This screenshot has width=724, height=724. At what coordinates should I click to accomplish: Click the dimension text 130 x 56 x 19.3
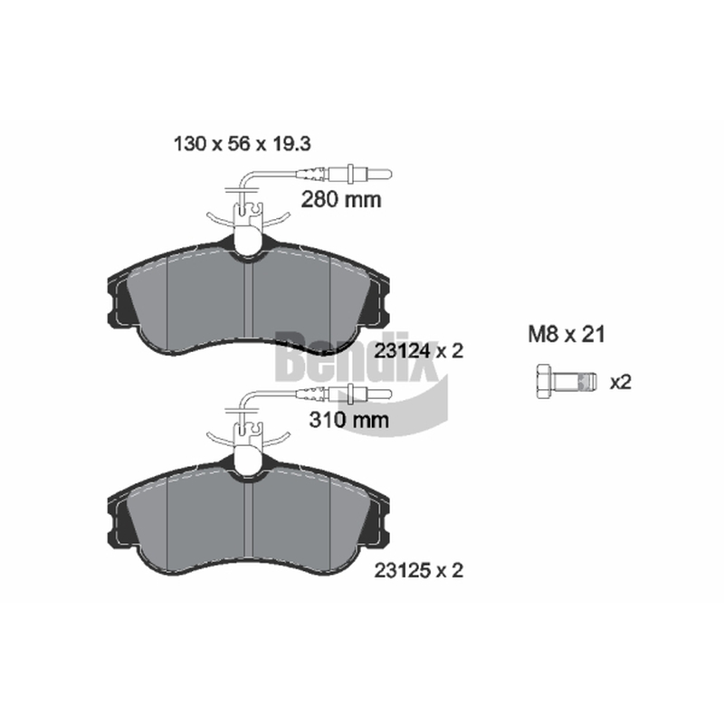(242, 144)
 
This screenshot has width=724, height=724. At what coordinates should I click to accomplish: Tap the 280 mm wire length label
(341, 199)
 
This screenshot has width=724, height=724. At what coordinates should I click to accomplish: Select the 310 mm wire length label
(349, 420)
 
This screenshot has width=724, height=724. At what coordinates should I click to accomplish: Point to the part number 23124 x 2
(418, 351)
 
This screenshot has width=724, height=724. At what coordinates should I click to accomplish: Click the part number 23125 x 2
(418, 571)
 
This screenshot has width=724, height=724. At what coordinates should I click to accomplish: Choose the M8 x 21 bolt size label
(567, 334)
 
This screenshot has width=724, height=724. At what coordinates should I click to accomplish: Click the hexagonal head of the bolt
(543, 382)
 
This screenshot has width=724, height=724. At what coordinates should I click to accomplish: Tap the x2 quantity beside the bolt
(620, 382)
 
